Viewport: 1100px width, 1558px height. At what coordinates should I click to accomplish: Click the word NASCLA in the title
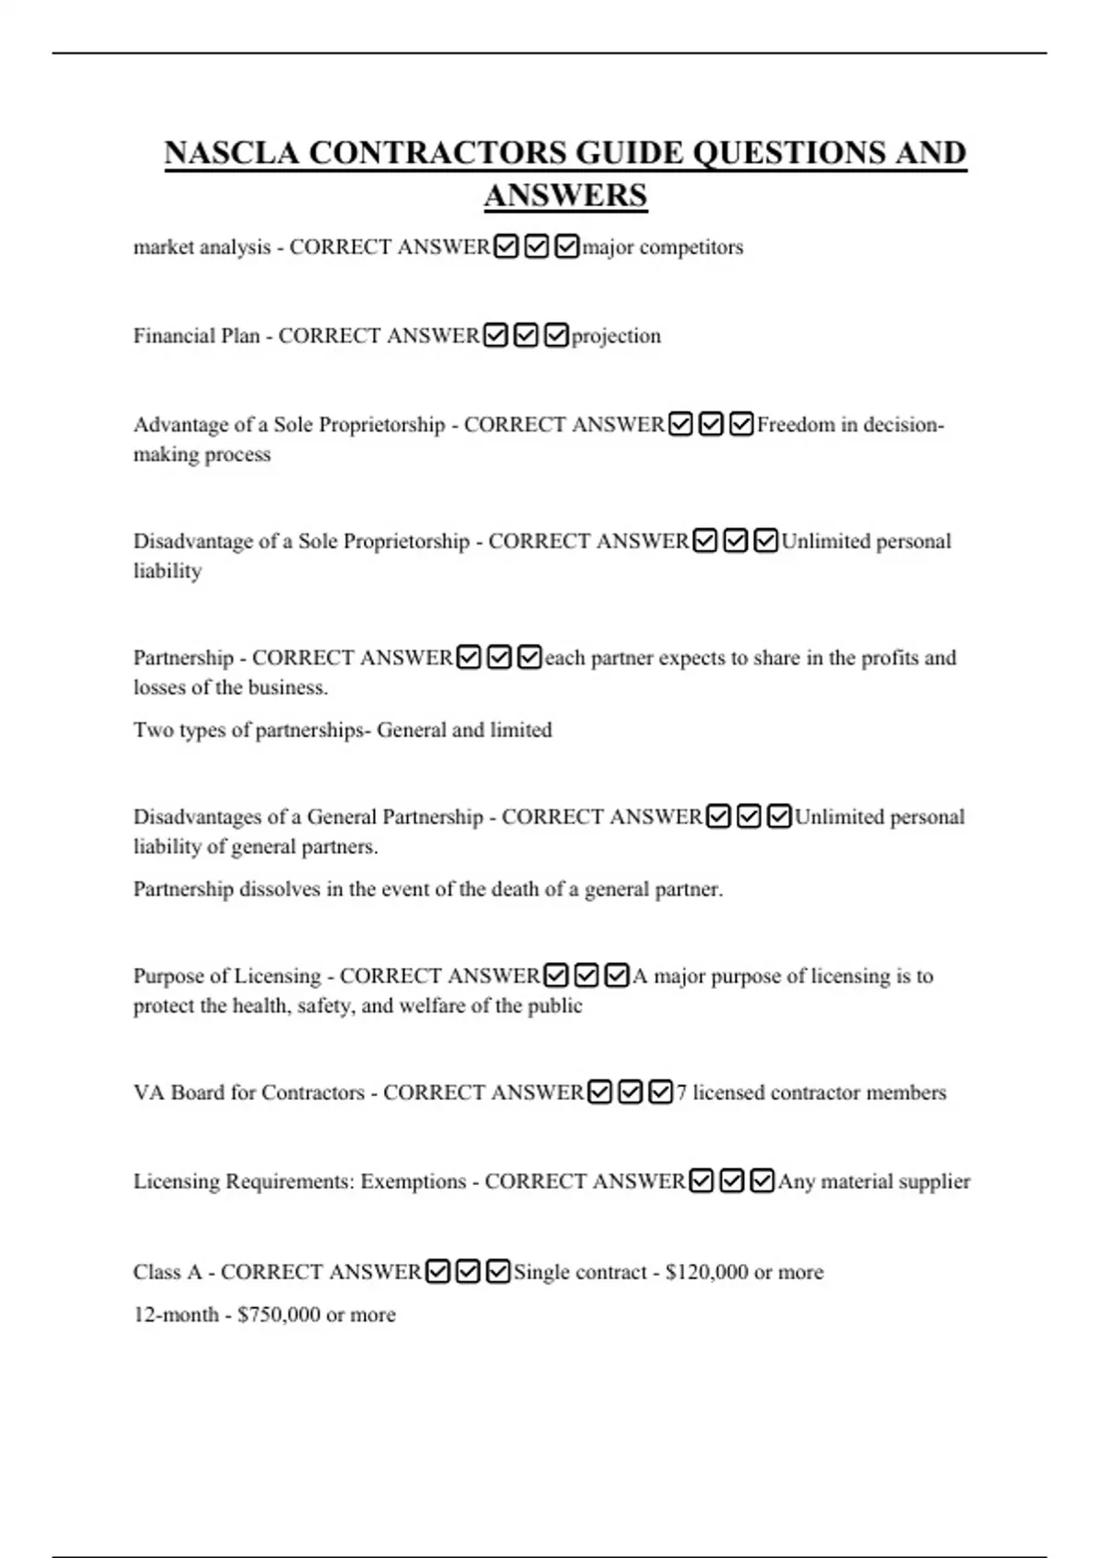point(231,153)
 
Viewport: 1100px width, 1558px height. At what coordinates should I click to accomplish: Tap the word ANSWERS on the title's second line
point(565,196)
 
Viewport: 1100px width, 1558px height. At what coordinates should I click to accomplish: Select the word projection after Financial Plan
point(616,336)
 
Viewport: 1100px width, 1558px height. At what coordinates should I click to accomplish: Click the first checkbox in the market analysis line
point(505,247)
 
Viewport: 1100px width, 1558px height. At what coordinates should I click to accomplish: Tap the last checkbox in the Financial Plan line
point(556,336)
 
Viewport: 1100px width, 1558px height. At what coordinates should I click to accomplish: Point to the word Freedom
point(796,425)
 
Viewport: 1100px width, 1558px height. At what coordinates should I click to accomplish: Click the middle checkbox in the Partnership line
point(499,658)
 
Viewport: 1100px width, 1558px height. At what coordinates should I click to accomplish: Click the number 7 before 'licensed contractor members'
point(681,1093)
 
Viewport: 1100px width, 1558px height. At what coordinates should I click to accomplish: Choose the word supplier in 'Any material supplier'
point(933,1182)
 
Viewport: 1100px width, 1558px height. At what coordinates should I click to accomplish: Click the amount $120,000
point(707,1273)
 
